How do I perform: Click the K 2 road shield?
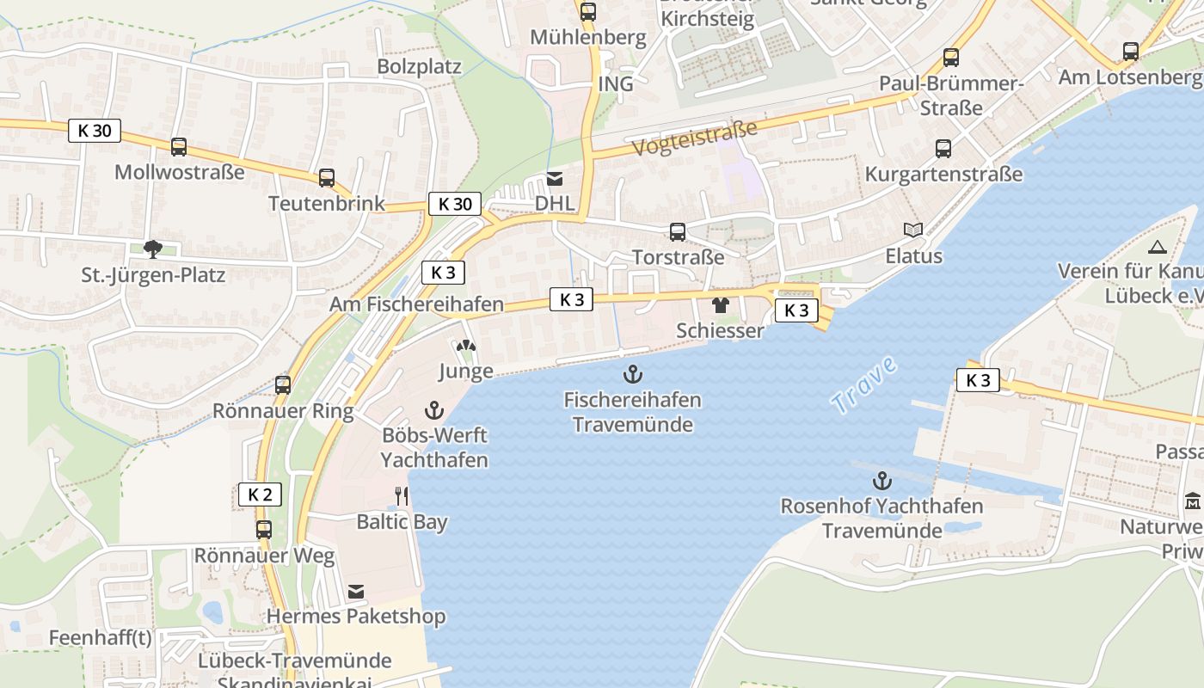[x=260, y=494]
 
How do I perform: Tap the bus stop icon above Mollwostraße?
[x=179, y=147]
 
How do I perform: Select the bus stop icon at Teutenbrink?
[x=327, y=178]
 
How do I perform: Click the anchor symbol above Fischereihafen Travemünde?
[x=633, y=374]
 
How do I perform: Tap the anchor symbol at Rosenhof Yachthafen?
[x=881, y=480]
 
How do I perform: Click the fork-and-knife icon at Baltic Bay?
[x=401, y=496]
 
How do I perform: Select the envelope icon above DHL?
[x=555, y=179]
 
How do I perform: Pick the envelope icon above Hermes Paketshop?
[x=356, y=592]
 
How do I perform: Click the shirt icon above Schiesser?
[x=721, y=305]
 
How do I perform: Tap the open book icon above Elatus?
[x=913, y=230]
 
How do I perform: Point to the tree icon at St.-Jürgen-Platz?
[x=153, y=250]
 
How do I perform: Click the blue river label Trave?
[x=865, y=384]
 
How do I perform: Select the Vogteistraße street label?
[x=696, y=138]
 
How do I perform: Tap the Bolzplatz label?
[x=419, y=67]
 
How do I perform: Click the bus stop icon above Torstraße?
[x=678, y=231]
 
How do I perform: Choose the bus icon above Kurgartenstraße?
[x=943, y=149]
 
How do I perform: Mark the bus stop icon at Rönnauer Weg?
[x=264, y=530]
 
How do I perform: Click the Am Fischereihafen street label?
[x=416, y=304]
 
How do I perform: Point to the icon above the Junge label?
[x=466, y=347]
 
